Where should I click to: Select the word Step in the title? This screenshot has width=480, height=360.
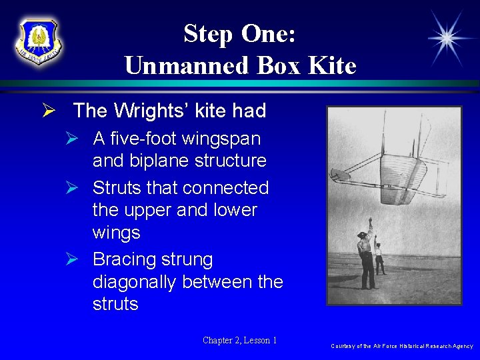207,33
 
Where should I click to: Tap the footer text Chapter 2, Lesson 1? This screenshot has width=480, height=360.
239,341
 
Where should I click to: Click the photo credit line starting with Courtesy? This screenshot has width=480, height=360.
401,346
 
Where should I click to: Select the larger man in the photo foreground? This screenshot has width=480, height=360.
365,257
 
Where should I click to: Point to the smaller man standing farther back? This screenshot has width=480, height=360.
379,257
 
